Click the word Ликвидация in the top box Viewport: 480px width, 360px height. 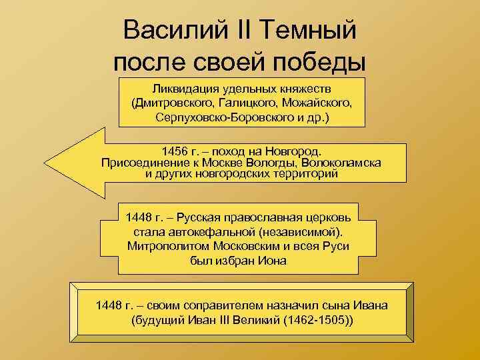[x=183, y=89]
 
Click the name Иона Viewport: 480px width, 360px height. [x=273, y=260]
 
